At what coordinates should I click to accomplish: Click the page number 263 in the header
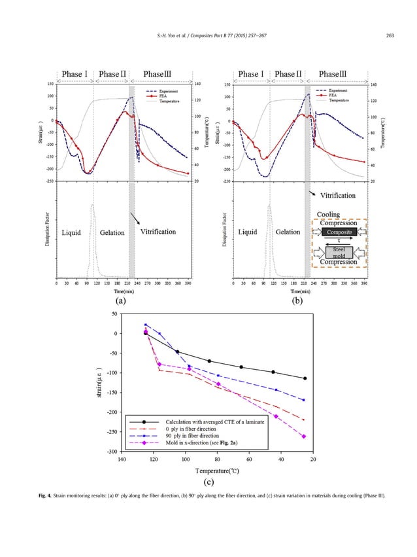(x=391, y=35)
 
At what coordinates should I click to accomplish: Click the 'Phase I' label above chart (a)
(x=76, y=74)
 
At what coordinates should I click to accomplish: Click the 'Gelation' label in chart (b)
(x=288, y=232)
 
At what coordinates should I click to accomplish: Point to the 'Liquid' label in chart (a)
(x=72, y=232)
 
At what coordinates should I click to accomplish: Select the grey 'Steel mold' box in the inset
(x=339, y=252)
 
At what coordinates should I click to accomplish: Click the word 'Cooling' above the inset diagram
(x=328, y=215)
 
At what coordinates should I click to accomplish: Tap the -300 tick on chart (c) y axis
(x=112, y=452)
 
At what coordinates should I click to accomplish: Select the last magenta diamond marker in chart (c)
(x=304, y=437)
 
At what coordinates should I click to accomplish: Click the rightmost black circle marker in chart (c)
(x=305, y=378)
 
